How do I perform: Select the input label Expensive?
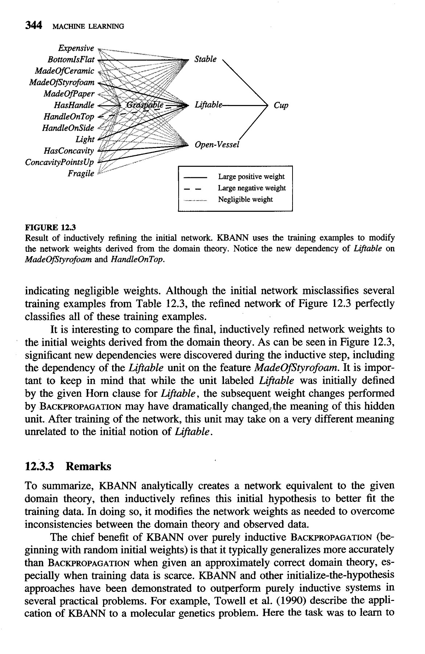(76, 48)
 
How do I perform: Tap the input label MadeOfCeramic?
(64, 71)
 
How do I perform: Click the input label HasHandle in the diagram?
(74, 105)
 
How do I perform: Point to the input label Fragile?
(81, 173)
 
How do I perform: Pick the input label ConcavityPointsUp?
(60, 162)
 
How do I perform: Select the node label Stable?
(205, 59)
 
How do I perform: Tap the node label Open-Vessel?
(217, 145)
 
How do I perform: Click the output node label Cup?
(281, 106)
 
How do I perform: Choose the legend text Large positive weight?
(251, 177)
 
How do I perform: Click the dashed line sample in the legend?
(193, 189)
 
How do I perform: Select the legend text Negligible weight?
(245, 199)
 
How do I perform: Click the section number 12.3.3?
(40, 466)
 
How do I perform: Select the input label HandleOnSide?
(68, 128)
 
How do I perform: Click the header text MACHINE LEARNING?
(88, 26)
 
